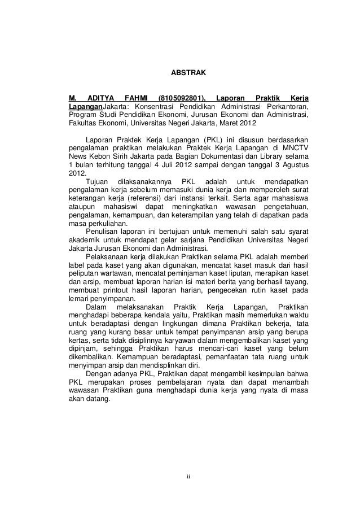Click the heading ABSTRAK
tap(188, 73)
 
